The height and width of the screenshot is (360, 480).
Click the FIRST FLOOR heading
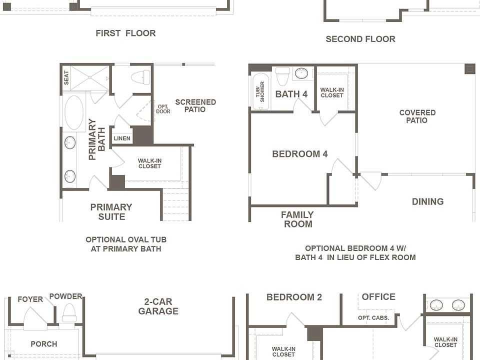point(125,33)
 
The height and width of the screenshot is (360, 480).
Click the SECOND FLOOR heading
point(360,39)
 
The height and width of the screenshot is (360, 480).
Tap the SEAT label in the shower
point(66,78)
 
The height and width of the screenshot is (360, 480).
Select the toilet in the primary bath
point(141,77)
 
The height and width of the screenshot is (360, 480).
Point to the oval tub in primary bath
point(74,112)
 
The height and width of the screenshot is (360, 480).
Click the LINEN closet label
point(122,138)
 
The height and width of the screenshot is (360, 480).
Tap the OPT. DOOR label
point(163,109)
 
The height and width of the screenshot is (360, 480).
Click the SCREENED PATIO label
point(195,105)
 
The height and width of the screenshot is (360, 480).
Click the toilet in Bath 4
point(282,76)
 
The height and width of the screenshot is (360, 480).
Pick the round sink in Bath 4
point(301,73)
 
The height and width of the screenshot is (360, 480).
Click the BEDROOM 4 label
point(299,153)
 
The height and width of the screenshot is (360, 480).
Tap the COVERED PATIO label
point(417,116)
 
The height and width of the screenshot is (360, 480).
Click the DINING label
point(427,201)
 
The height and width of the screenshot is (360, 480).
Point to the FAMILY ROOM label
point(297,219)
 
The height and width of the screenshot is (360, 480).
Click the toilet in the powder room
point(68,313)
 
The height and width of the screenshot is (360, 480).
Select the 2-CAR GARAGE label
point(158,306)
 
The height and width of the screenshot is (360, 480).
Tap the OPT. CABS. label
point(373,318)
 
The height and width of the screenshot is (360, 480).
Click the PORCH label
point(44,344)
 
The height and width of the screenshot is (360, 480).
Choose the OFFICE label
point(378,296)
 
